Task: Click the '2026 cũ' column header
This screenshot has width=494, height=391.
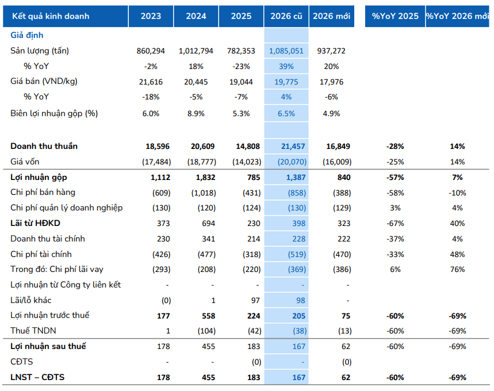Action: tap(286, 16)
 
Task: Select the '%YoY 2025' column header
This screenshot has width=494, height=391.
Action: tap(395, 16)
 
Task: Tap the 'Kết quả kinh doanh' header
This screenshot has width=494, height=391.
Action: tap(51, 16)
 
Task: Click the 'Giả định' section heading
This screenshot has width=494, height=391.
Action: tap(27, 35)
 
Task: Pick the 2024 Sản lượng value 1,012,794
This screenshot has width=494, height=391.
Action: tap(196, 51)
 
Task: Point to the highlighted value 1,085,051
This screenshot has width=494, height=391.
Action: tap(286, 51)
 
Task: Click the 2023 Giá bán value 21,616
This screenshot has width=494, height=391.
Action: tap(151, 82)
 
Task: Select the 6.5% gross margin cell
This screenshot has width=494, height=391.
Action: tap(286, 113)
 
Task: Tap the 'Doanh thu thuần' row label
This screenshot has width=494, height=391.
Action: tap(44, 146)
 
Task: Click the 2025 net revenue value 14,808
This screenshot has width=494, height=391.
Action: tap(248, 146)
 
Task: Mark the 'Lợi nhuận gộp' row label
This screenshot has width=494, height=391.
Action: tap(39, 177)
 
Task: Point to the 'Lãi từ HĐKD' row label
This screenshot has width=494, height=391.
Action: tap(35, 223)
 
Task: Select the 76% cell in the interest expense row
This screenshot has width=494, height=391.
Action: tap(457, 269)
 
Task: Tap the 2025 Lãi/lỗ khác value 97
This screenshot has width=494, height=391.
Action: tap(255, 300)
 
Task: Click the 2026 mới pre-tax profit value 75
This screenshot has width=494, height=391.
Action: tap(346, 316)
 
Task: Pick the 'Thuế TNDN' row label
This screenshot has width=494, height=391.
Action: tap(33, 331)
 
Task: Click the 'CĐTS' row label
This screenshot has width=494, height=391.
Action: tap(21, 361)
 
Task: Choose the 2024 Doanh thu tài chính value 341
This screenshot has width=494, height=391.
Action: tap(209, 239)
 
